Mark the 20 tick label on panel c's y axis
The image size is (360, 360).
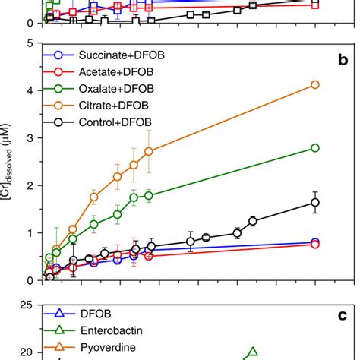(25, 352)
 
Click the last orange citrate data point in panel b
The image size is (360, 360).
(315, 84)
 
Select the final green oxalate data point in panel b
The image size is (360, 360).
(315, 147)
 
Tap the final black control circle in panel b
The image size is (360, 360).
(315, 202)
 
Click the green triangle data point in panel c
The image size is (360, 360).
(253, 352)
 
